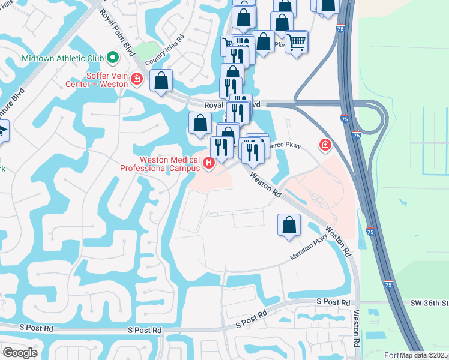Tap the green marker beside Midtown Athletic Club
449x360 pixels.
113,58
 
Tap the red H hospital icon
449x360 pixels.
209,163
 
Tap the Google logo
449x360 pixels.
20,353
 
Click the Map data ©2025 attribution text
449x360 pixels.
424,355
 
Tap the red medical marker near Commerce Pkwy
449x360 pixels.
325,145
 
